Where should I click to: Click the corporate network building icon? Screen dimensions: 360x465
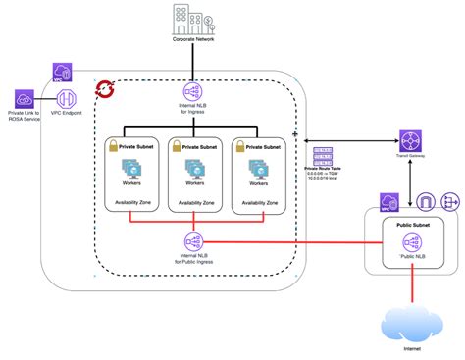tap(192, 21)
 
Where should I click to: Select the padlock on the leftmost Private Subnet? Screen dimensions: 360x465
tap(112, 144)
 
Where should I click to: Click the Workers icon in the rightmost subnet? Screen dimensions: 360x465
tap(259, 172)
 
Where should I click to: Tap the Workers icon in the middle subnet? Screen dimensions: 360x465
tap(193, 172)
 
